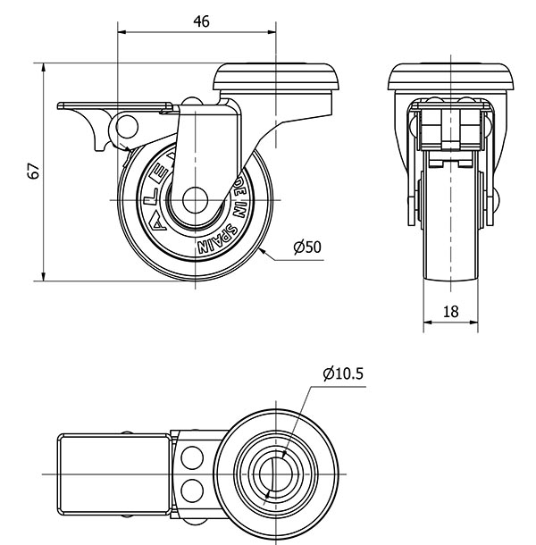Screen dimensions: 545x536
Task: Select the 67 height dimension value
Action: [x=33, y=172]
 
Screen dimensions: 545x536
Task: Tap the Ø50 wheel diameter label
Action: [x=306, y=247]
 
